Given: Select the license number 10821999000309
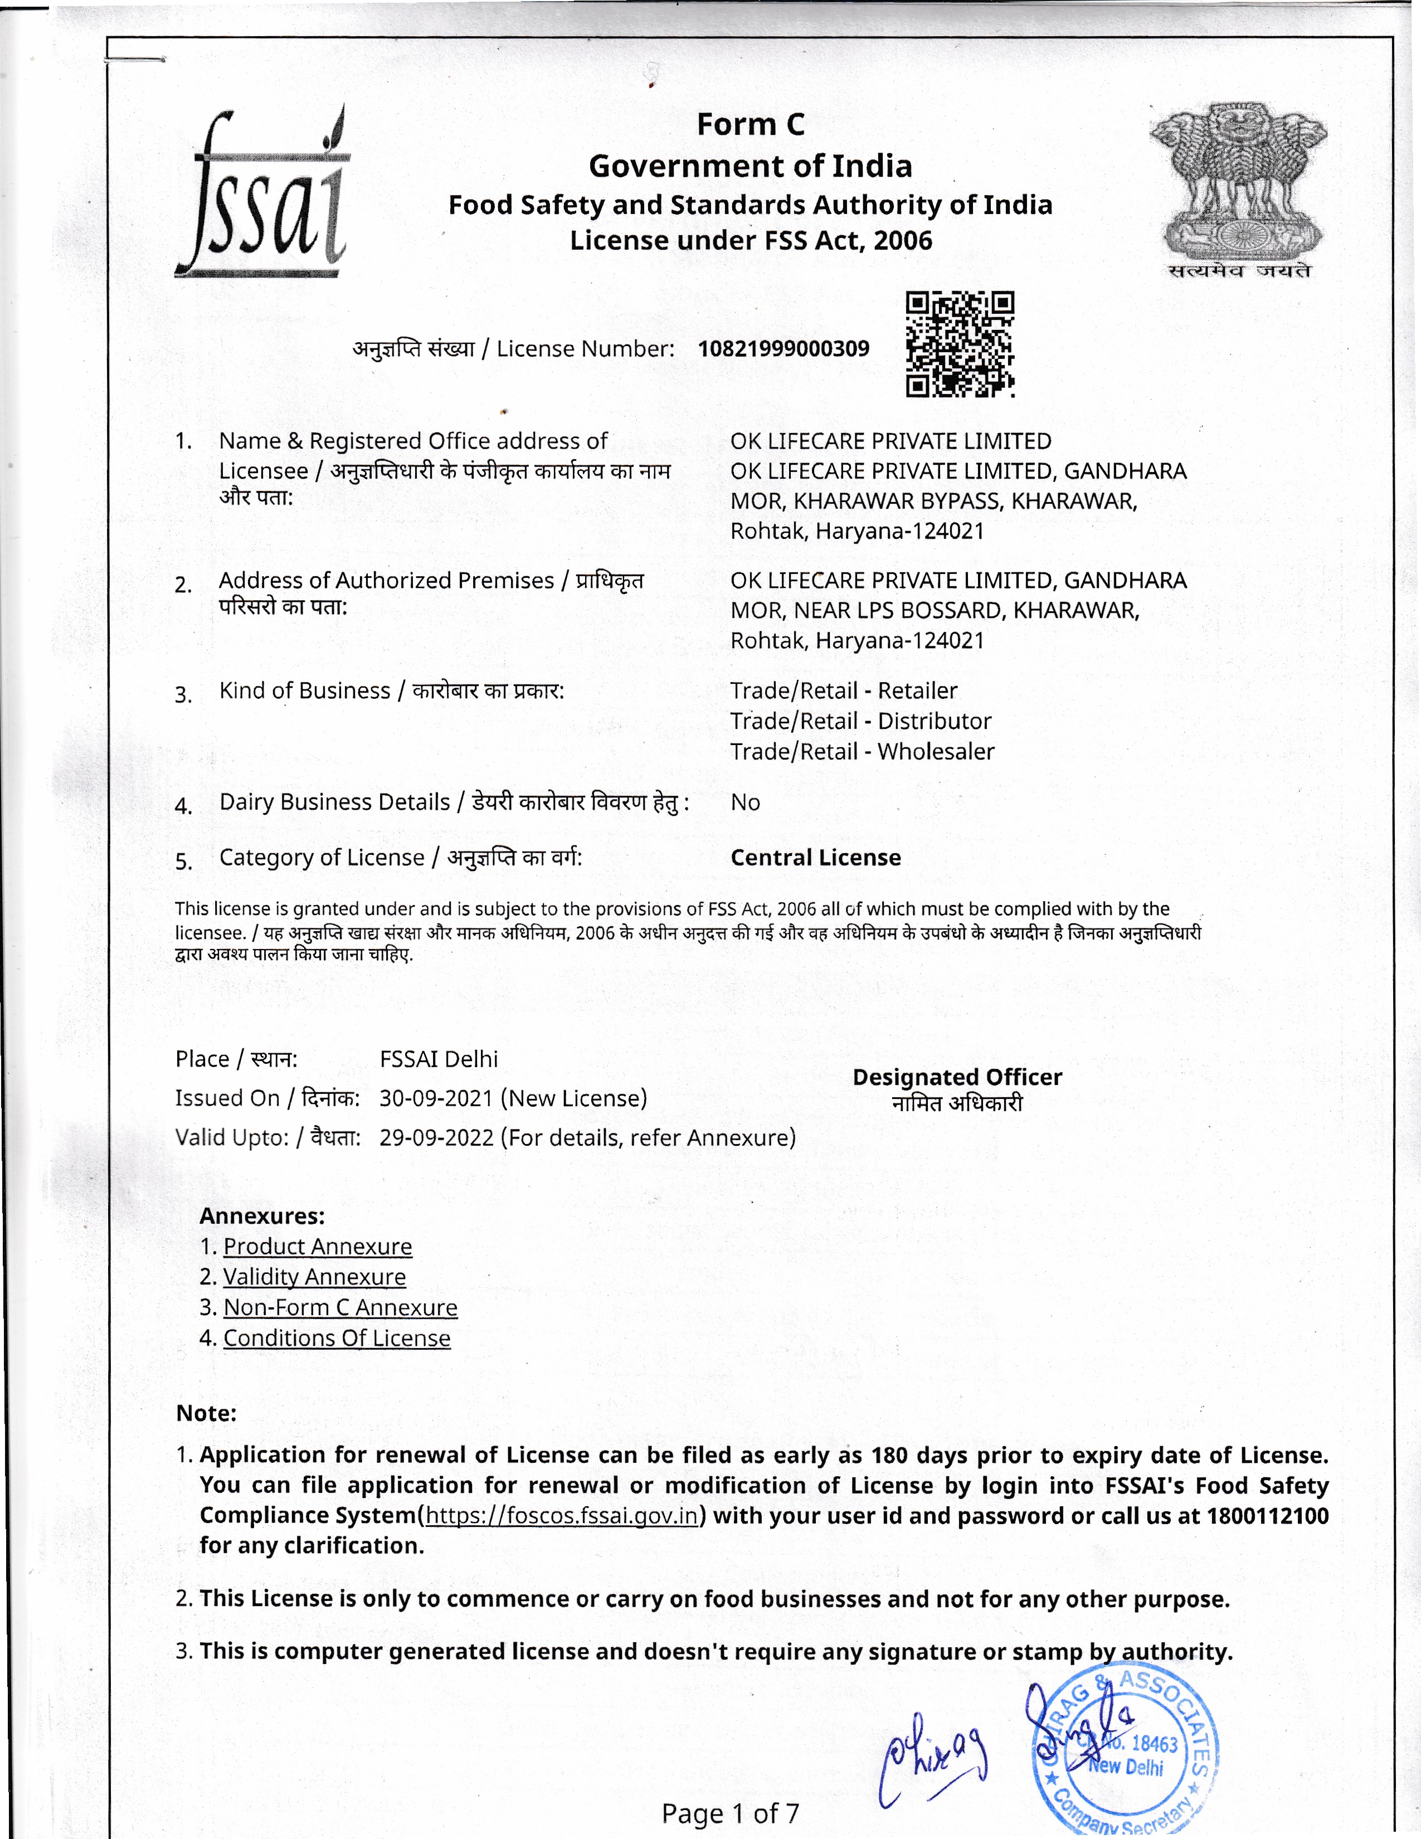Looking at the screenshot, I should pos(783,349).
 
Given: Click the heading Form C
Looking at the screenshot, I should pos(750,125).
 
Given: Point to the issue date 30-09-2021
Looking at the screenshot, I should pos(436,1098).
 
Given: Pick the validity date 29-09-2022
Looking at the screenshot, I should pos(436,1137).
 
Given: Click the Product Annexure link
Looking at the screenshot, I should pos(318,1246).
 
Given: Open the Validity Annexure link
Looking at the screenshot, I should pos(314,1277).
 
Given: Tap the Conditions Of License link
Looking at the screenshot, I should pos(337,1338).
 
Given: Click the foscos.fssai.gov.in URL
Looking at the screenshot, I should pos(562,1516).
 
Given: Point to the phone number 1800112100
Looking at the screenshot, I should pos(1267,1516).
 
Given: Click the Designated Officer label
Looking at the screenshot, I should pos(957,1077).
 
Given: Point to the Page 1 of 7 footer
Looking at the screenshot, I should pos(730,1813).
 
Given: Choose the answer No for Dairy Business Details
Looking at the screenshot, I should pos(745,802).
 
